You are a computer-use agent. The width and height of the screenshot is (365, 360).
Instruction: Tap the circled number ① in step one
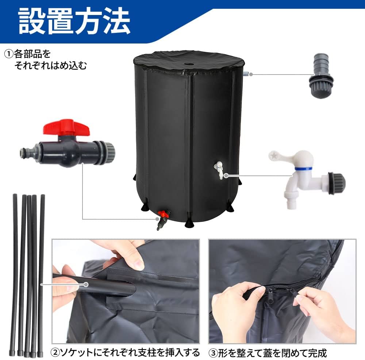[x=8, y=54]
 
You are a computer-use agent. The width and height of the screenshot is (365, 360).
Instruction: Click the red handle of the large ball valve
[x=66, y=127]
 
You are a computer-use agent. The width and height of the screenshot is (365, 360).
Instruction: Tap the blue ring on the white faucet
[x=303, y=169]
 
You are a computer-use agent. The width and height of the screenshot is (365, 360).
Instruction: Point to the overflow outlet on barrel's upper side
[x=246, y=74]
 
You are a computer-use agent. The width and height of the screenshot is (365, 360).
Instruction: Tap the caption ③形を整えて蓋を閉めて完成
[x=268, y=353]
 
